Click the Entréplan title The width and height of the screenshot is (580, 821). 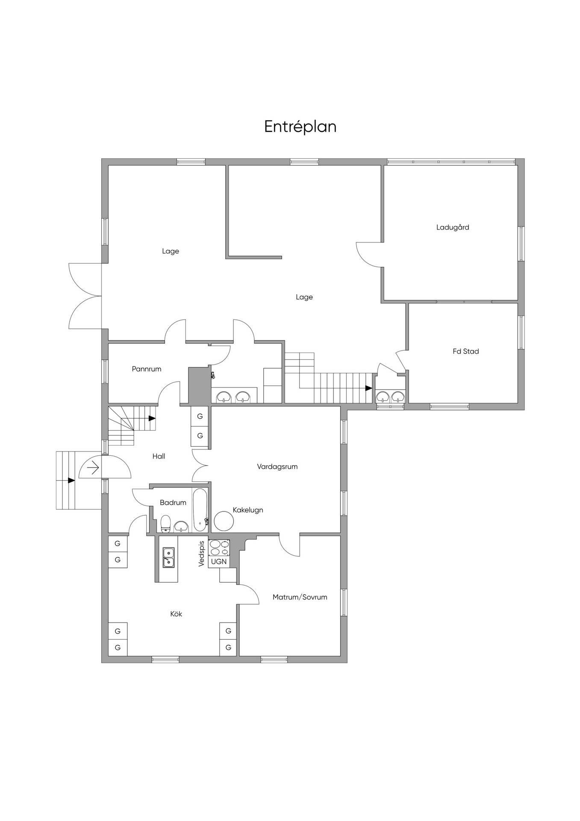pos(300,127)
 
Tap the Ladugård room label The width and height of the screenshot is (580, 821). pos(453,227)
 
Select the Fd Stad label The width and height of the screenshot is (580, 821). pos(466,351)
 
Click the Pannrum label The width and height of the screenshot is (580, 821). pos(147,369)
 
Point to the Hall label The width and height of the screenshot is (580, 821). pos(159,456)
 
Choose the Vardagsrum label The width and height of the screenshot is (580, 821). pos(277,467)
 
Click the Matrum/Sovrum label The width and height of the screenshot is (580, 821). pos(300,597)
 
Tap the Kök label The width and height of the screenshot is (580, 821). pos(176,614)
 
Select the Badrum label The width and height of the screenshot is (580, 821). pos(173,502)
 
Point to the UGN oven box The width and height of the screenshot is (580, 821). pos(219,561)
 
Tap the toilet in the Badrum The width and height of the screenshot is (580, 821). pos(166,523)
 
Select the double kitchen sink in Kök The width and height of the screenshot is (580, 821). pos(168,558)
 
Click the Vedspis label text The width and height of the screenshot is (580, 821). pos(202,554)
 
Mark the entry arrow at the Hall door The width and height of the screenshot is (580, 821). pos(93,468)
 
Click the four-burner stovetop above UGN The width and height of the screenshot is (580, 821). pos(219,548)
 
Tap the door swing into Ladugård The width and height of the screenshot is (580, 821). pos(369,254)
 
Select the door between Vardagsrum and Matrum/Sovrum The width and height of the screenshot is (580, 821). pos(289,545)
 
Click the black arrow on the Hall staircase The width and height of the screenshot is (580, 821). pos(152,418)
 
